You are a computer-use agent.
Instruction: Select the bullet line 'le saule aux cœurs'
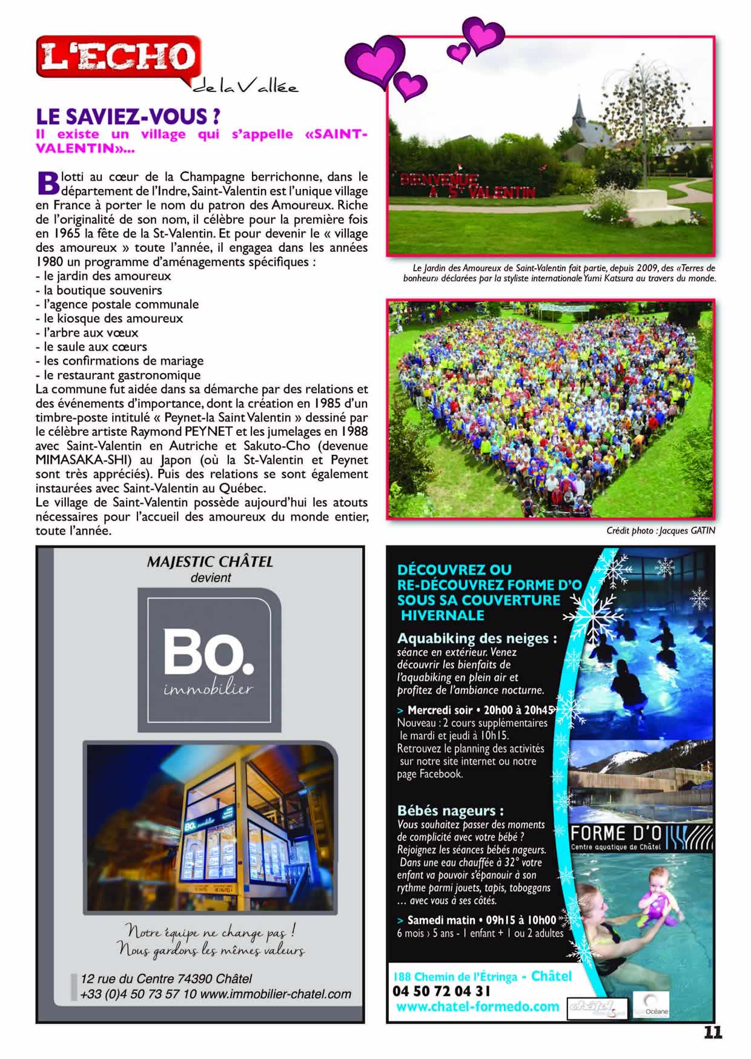click(x=95, y=347)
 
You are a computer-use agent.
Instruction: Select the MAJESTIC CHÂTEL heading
click(x=210, y=562)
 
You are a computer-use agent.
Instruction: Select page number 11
click(x=713, y=1033)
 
